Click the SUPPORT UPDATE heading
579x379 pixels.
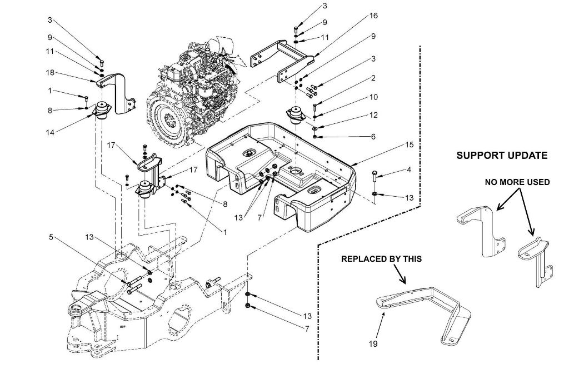tap(502, 156)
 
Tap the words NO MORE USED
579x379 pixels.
tap(517, 182)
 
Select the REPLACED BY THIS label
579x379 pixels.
tap(381, 259)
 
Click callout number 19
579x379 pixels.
tap(373, 344)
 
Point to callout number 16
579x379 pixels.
tap(373, 16)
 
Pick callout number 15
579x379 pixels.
tap(409, 145)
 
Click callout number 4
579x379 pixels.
tap(409, 170)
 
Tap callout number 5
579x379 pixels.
tap(51, 237)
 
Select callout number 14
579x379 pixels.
tap(50, 132)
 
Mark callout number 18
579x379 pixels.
tap(50, 72)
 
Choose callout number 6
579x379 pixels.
tap(373, 137)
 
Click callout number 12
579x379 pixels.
tap(373, 115)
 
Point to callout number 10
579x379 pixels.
tap(373, 97)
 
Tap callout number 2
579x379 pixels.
tap(373, 78)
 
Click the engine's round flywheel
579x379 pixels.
tap(168, 119)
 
